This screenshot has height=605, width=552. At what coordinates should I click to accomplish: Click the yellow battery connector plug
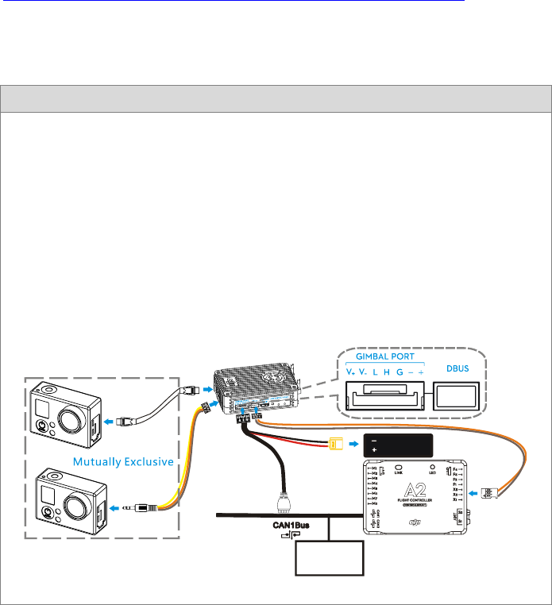click(x=337, y=445)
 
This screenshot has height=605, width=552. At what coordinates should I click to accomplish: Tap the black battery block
click(x=397, y=445)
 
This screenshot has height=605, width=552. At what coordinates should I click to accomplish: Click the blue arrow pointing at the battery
click(x=353, y=445)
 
